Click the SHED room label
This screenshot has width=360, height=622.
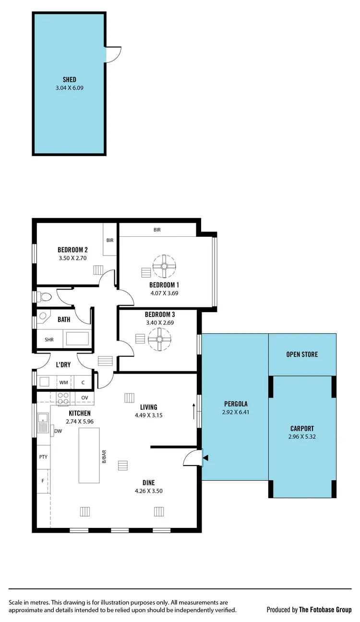coord(69,80)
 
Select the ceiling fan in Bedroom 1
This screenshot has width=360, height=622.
coord(164,266)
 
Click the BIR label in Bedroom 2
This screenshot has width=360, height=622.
coord(110,240)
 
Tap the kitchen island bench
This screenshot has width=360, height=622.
coord(90,455)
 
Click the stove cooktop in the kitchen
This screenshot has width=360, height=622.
coord(63,397)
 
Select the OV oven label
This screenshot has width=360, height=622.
coord(84,397)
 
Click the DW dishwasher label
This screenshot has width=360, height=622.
coord(58,431)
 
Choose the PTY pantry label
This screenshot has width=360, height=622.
coord(43,457)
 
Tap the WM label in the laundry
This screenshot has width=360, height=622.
coord(63,382)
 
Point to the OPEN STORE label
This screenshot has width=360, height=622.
coord(302,354)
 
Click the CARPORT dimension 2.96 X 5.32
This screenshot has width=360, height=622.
coord(302,437)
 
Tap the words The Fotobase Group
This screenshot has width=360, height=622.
coord(325,610)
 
